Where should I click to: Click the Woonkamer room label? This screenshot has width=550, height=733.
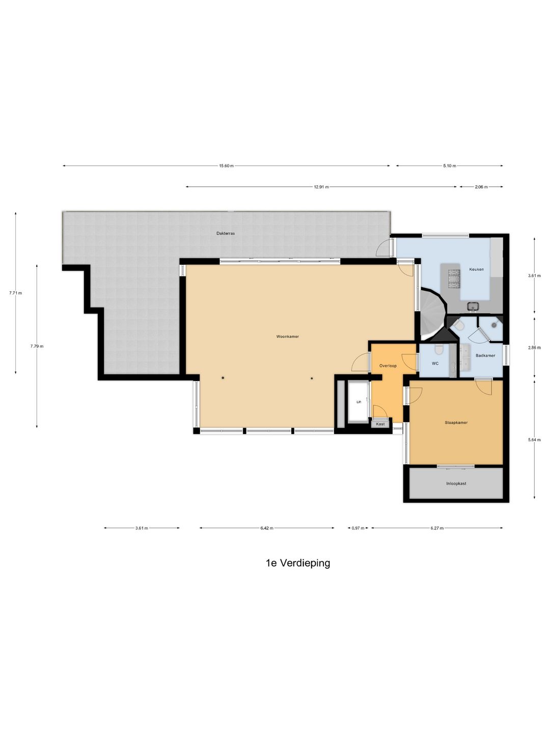click(287, 336)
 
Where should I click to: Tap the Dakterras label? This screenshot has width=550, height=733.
click(226, 234)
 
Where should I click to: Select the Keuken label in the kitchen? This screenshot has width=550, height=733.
click(476, 269)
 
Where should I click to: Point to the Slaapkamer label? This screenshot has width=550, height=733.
click(456, 422)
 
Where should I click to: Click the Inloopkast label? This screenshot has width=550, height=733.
click(456, 483)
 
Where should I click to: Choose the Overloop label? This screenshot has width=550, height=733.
click(388, 365)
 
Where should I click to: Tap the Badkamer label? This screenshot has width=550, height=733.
click(485, 355)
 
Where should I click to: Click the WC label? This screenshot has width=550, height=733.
click(435, 363)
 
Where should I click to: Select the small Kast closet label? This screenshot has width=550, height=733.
click(380, 424)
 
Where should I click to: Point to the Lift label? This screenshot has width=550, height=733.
click(359, 402)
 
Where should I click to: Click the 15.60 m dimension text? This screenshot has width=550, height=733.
click(226, 165)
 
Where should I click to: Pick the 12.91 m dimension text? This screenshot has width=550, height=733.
click(321, 187)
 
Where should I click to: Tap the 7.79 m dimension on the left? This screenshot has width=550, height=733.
click(37, 346)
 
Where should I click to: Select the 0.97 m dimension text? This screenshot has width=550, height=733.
click(358, 528)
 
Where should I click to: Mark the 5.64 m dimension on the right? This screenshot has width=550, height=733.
click(534, 440)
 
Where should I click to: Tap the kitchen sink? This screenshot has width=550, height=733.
click(473, 305)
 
